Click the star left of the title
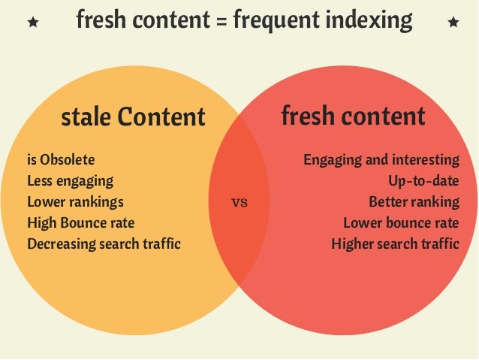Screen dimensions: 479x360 pyautogui.click(x=32, y=23)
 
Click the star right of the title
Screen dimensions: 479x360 pyautogui.click(x=453, y=23)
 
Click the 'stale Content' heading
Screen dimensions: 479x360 pyautogui.click(x=133, y=117)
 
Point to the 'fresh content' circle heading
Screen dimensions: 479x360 pyautogui.click(x=353, y=116)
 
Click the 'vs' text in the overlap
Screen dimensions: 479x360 pyautogui.click(x=239, y=202)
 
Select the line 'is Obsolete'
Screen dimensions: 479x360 pyautogui.click(x=61, y=160)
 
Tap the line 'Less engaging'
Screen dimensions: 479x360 pyautogui.click(x=70, y=181)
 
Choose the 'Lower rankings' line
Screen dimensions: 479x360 pyautogui.click(x=75, y=202)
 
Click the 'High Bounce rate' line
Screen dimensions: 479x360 pyautogui.click(x=80, y=223)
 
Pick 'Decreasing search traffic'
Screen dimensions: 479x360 pyautogui.click(x=104, y=244)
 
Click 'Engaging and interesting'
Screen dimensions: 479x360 pyautogui.click(x=381, y=160)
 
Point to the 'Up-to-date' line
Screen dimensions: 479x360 pyautogui.click(x=423, y=181)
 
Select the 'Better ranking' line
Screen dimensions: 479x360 pyautogui.click(x=413, y=202)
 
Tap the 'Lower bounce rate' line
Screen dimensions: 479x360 pyautogui.click(x=401, y=223)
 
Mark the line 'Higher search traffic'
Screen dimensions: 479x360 pyautogui.click(x=395, y=244)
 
